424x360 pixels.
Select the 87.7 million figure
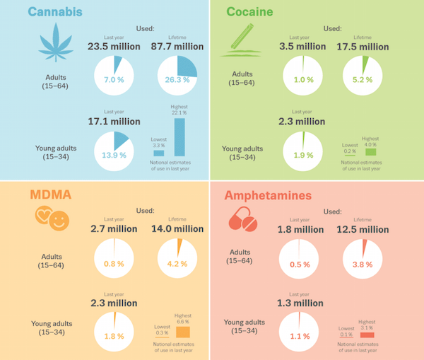click(177, 47)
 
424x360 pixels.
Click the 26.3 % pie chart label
click(177, 80)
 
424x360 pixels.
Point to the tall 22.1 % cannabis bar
click(180, 137)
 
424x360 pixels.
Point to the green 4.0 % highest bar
click(370, 151)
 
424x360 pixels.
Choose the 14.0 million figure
click(177, 229)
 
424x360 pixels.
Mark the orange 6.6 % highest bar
click(183, 332)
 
